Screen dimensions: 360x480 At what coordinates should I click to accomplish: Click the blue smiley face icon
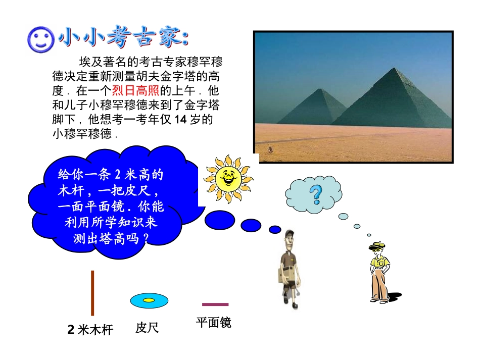click(x=40, y=39)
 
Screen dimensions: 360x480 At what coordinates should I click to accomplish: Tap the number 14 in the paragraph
click(x=180, y=120)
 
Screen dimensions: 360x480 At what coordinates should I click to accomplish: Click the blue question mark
click(x=316, y=194)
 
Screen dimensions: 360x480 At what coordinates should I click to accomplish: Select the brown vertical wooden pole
click(x=92, y=293)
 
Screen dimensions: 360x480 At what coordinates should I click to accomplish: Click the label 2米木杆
click(x=90, y=330)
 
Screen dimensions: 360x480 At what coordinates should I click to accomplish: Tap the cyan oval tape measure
click(x=149, y=300)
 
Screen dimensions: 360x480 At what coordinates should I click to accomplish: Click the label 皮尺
click(x=147, y=328)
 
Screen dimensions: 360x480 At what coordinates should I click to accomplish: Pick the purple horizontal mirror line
click(x=215, y=304)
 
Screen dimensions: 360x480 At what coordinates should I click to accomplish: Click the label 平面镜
click(x=214, y=323)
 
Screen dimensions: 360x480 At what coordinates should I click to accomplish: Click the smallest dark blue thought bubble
click(x=275, y=229)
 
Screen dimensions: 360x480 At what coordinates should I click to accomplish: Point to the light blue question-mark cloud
click(x=314, y=195)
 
